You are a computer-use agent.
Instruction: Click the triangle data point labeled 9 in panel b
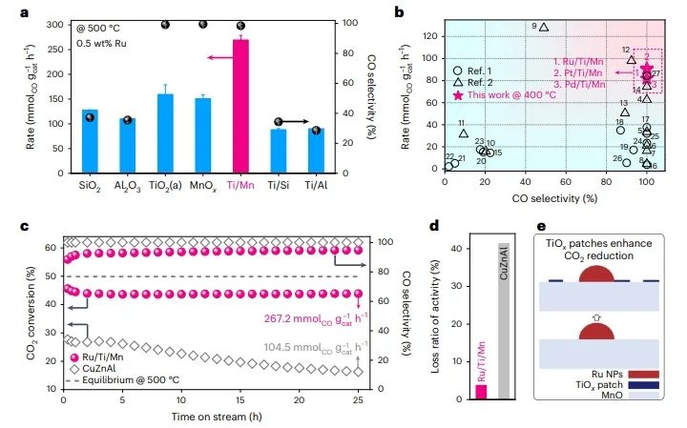(x=544, y=27)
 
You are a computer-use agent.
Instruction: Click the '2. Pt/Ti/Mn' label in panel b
(x=578, y=73)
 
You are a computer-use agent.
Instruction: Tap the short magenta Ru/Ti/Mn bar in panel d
(x=481, y=391)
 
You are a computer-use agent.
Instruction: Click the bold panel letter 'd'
(x=435, y=227)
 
